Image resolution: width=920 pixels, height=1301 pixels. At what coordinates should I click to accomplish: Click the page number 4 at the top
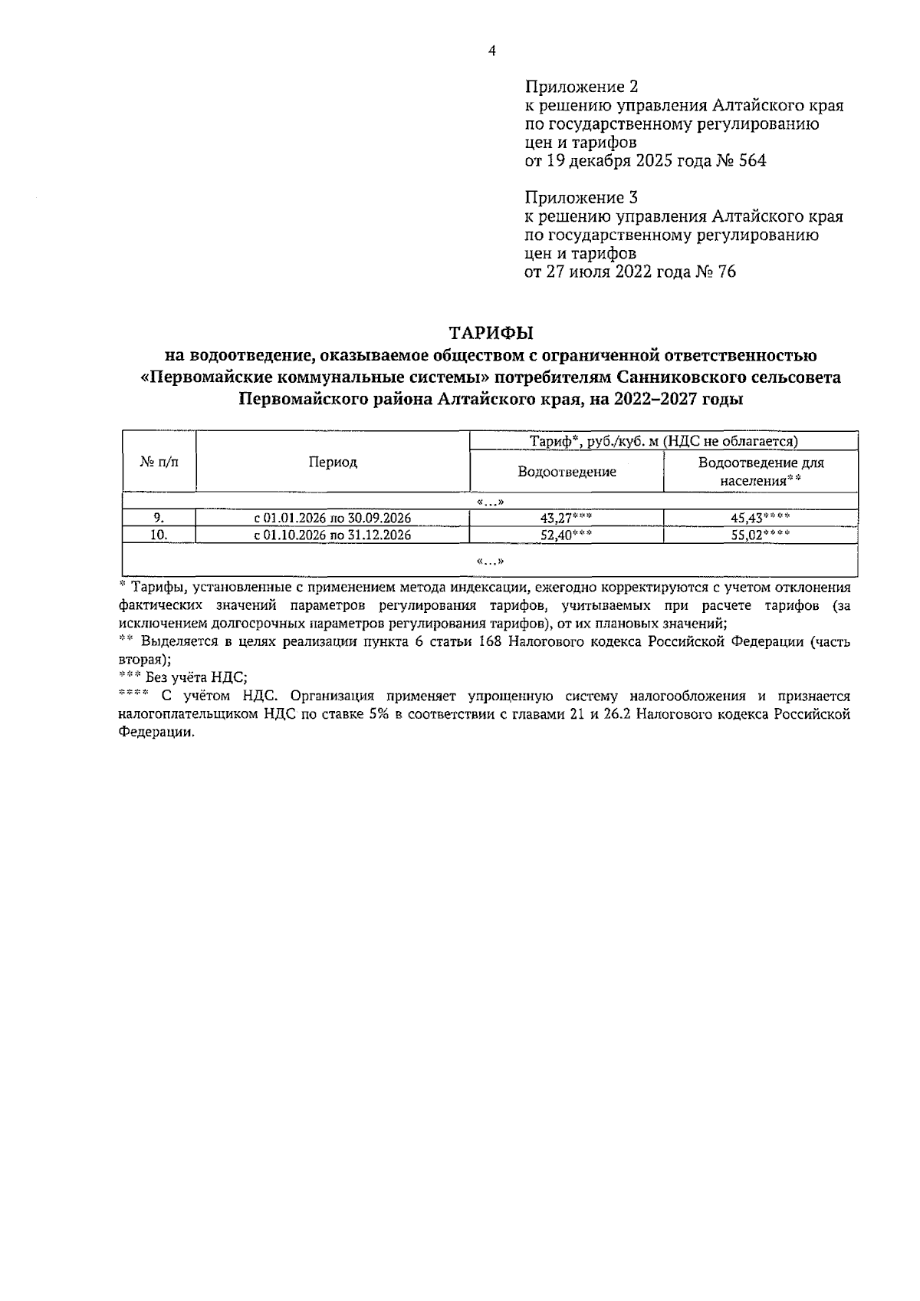[491, 51]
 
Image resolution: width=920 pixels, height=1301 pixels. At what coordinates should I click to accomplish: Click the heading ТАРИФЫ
[491, 333]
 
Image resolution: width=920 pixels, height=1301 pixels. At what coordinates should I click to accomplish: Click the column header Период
[333, 462]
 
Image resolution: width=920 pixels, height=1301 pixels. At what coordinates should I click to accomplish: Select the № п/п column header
[159, 462]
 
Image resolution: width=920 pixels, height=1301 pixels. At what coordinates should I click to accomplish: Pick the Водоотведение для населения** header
[761, 472]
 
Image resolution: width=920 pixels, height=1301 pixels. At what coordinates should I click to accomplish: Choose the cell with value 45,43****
[760, 518]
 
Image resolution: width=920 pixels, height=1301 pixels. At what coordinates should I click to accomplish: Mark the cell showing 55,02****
[760, 535]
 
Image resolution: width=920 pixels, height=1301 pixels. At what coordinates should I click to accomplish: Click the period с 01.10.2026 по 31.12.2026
[333, 535]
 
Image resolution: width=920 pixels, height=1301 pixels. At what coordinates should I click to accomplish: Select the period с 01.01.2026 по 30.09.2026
[333, 518]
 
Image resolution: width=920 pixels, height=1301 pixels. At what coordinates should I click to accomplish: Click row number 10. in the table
[159, 535]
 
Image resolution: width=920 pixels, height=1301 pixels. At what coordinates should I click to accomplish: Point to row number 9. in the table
[159, 518]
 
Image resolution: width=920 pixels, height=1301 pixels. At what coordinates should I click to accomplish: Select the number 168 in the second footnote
[489, 642]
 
